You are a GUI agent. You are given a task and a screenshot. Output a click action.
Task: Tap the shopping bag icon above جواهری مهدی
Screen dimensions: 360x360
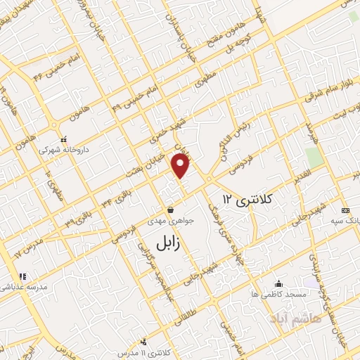click(171, 210)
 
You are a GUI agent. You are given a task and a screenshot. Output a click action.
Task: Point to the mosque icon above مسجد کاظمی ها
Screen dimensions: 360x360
click(281, 283)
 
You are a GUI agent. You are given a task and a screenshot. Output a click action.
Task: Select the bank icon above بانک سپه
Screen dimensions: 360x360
click(345, 210)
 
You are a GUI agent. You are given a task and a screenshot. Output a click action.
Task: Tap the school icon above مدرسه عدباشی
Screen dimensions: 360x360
click(22, 276)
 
